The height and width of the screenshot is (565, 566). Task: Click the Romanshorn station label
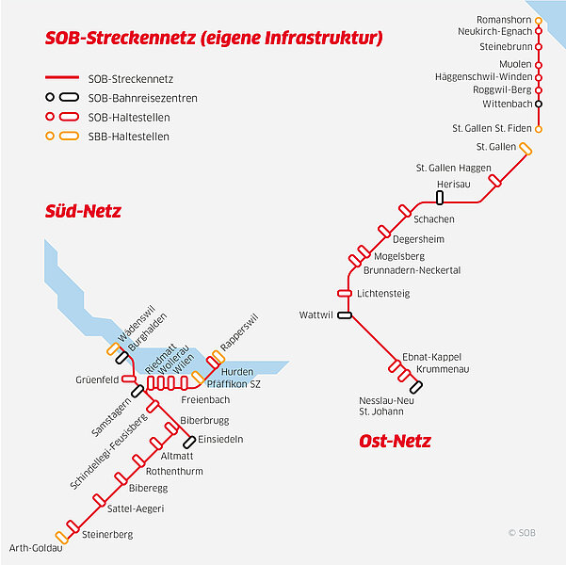[x=504, y=20]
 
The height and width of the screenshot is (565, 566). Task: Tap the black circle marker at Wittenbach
[x=538, y=104]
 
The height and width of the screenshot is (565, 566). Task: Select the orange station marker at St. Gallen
[x=526, y=149]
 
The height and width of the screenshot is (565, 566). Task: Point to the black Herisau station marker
[x=440, y=198]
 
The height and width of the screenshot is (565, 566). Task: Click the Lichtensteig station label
[x=383, y=294]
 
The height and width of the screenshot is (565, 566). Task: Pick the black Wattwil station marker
[x=345, y=315]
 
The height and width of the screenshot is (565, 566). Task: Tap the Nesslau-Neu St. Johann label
[x=386, y=406]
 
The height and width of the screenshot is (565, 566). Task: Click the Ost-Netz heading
[x=395, y=441]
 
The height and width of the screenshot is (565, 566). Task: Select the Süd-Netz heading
[x=83, y=211]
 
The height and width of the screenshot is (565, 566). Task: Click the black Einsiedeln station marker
[x=189, y=442]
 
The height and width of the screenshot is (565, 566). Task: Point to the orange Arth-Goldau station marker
[x=62, y=538]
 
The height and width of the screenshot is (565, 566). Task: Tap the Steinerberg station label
[x=107, y=535]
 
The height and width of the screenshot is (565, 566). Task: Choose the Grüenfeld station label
[x=97, y=379]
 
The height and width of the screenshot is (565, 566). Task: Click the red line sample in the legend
[x=62, y=77]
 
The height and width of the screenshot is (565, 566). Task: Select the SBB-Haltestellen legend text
[x=129, y=137]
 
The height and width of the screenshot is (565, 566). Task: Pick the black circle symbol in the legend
[x=50, y=97]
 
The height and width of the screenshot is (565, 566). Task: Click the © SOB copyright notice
[x=522, y=533]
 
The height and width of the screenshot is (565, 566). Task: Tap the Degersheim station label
[x=418, y=239]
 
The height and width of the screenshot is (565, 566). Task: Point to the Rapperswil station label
[x=239, y=332]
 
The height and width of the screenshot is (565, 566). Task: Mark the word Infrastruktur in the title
[x=324, y=38]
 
